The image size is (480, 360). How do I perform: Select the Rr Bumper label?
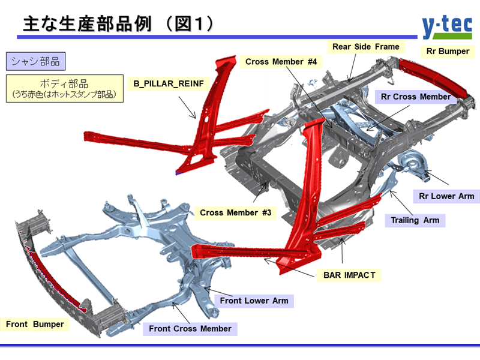point(448,51)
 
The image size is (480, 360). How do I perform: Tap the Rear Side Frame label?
point(366,46)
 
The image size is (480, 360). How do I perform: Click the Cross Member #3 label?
point(236,212)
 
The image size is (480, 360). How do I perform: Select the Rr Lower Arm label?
point(446,196)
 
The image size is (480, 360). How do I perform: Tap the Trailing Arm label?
point(415,220)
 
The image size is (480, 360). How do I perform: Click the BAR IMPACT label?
point(349,275)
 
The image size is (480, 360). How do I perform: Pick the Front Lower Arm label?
point(254,301)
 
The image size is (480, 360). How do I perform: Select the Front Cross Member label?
point(190,329)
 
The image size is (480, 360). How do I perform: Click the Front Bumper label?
point(35,325)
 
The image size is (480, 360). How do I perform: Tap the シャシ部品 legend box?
point(35,61)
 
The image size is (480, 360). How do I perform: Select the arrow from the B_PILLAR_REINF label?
point(190,108)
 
